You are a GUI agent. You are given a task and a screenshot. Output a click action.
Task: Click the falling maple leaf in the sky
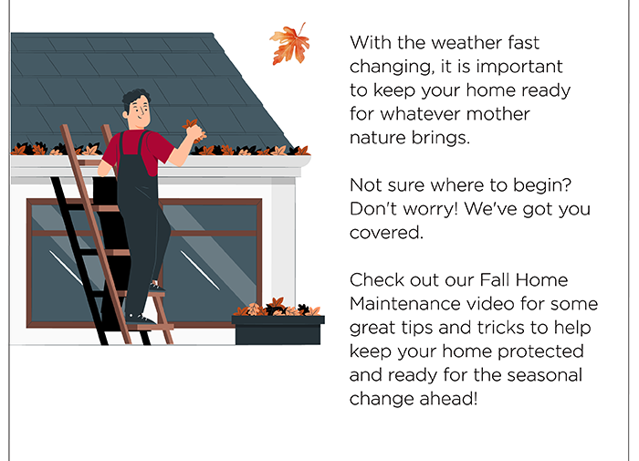(x=290, y=44)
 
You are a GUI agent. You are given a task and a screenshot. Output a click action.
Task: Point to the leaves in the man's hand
(x=194, y=130)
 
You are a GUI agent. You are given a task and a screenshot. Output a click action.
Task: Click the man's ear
(x=126, y=114)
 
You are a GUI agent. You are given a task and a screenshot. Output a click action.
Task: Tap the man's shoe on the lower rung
(x=139, y=319)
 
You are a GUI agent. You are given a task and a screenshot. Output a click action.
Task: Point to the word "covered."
(x=386, y=233)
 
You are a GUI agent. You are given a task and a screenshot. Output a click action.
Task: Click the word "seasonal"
(x=544, y=375)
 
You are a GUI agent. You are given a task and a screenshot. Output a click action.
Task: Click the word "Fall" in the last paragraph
(x=495, y=280)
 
